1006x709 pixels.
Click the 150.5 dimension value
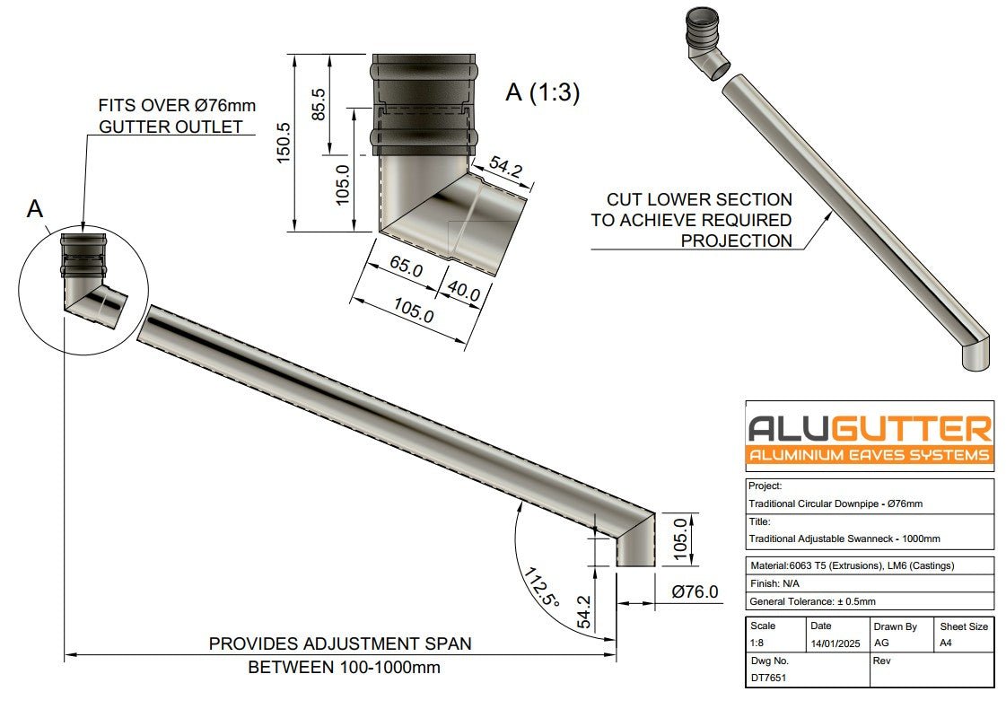tap(284, 142)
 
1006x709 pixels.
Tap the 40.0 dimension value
tap(463, 291)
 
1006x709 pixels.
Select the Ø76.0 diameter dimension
tap(695, 591)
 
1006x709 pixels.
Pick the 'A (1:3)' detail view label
tap(542, 92)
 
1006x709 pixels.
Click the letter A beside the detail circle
tap(35, 209)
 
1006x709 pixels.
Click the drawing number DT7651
tap(768, 678)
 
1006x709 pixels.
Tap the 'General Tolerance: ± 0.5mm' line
tap(812, 601)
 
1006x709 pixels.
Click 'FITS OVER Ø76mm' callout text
tap(177, 105)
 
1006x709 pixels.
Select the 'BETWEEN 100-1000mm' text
tap(344, 668)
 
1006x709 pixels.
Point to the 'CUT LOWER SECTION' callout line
tap(699, 199)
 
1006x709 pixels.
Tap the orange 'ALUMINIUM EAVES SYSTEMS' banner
tap(870, 455)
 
